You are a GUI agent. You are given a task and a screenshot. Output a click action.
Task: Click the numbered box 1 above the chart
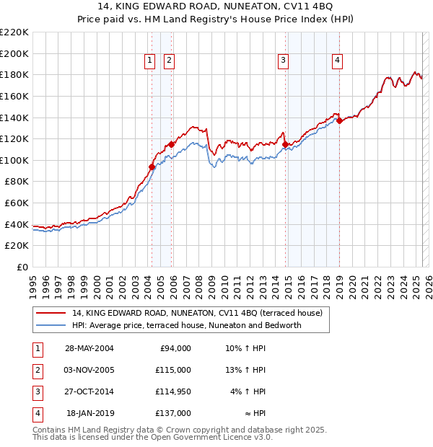pos(149,61)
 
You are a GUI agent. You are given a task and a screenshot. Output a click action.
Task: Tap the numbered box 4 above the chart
pos(337,61)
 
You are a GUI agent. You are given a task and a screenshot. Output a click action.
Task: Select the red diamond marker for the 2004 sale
pos(152,167)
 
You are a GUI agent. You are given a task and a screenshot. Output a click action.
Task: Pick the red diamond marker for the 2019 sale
pos(339,120)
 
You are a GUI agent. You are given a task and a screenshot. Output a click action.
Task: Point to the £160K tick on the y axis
pos(15,96)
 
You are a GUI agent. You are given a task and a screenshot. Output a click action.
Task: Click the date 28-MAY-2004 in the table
pos(89,348)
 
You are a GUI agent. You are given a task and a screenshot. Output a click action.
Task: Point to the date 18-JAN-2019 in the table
pos(90,413)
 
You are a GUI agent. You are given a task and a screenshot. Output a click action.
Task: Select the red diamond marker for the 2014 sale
pos(285,144)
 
